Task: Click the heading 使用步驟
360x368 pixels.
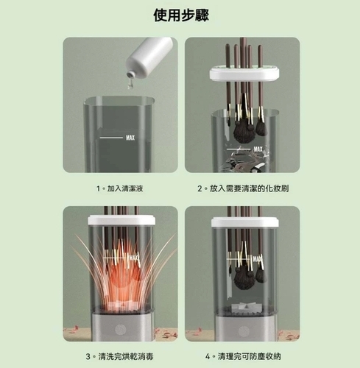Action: (181, 15)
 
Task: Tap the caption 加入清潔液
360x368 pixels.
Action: (125, 188)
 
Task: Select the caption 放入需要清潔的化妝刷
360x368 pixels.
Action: (249, 188)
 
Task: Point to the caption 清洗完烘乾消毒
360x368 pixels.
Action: (126, 356)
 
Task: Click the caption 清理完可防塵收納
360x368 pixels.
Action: (249, 356)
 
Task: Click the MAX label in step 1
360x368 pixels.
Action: (130, 138)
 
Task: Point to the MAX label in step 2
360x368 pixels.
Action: (258, 149)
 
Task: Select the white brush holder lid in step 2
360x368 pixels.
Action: (244, 73)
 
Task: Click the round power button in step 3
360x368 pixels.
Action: (121, 330)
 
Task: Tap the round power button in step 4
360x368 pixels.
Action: (244, 331)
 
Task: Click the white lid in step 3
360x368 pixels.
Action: (121, 220)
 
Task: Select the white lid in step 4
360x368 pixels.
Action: (245, 222)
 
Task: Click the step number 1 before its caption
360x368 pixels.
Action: (99, 188)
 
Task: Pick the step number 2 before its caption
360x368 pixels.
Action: (200, 188)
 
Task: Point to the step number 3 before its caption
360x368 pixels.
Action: (88, 356)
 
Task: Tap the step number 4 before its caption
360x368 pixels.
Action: (208, 356)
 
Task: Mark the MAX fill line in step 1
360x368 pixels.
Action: (111, 138)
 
